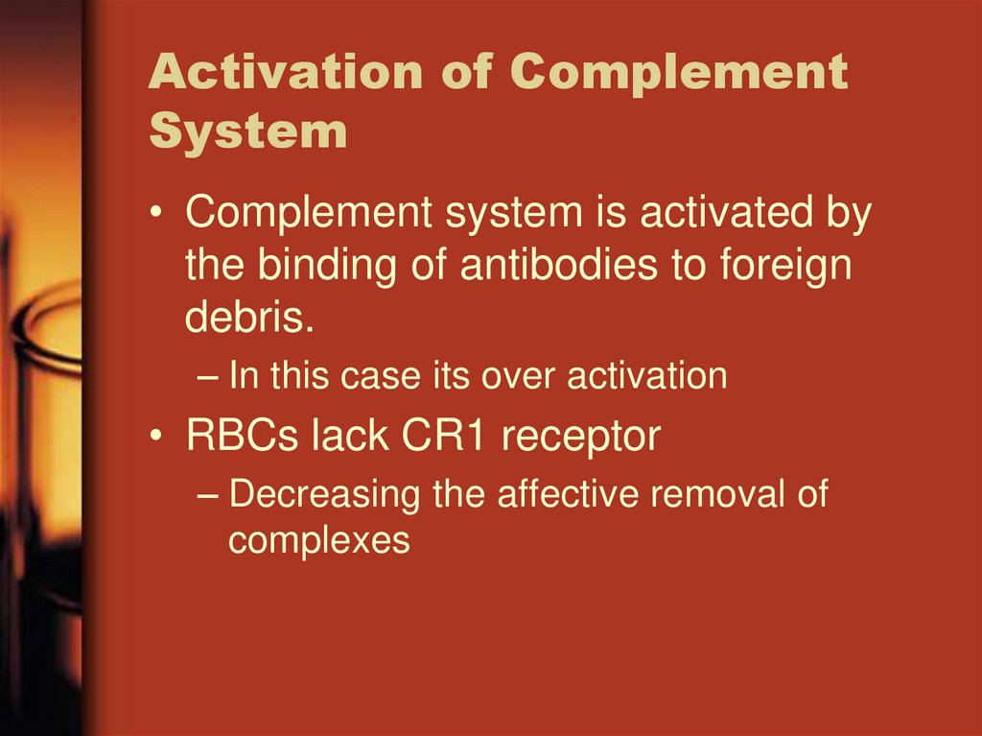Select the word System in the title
click(x=247, y=131)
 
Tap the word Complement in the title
click(x=679, y=74)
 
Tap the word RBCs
click(x=244, y=437)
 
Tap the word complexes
click(x=318, y=541)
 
